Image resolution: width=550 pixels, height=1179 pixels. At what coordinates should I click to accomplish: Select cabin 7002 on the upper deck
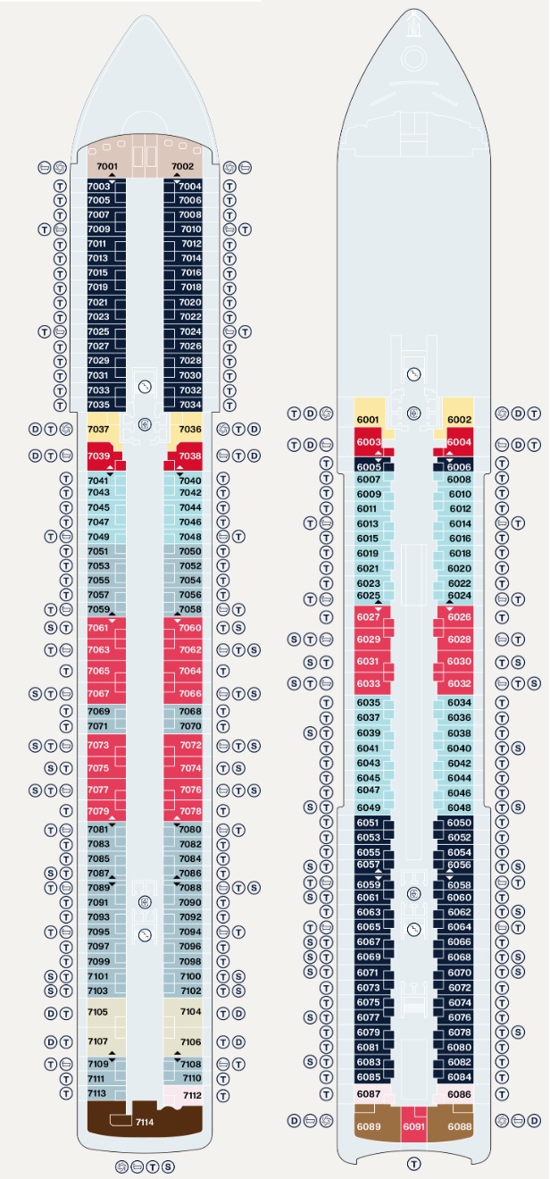point(183,166)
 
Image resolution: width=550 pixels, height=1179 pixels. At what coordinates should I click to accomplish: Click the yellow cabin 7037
point(100,429)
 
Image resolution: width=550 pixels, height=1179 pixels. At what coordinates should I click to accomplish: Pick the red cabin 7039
point(100,456)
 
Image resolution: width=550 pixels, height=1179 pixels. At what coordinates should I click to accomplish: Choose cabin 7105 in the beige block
point(100,1012)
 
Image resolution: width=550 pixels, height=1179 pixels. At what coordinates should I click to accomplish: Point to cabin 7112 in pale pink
point(191,1095)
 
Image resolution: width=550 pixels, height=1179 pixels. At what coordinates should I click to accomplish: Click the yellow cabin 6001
point(369,419)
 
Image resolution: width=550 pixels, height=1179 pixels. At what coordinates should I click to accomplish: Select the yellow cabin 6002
point(459,419)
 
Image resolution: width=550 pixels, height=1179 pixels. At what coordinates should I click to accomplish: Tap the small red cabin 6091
point(413,1127)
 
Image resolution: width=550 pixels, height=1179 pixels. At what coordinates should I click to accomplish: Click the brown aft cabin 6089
point(369,1127)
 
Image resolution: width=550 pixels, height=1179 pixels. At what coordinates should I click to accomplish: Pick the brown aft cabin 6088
point(459,1127)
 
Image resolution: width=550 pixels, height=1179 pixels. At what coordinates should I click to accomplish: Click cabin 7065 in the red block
point(100,671)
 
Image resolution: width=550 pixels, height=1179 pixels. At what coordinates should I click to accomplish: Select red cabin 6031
point(368,661)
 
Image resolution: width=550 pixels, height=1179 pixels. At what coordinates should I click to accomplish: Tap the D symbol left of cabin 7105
point(51,1013)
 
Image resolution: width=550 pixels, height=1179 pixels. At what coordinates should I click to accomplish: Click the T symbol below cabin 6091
point(413,1163)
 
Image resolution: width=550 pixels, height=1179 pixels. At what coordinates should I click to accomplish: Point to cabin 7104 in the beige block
point(190,1012)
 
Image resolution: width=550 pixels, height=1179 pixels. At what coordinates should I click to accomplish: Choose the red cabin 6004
point(459,442)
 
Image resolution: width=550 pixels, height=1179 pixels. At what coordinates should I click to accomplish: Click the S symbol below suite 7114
point(169,1166)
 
